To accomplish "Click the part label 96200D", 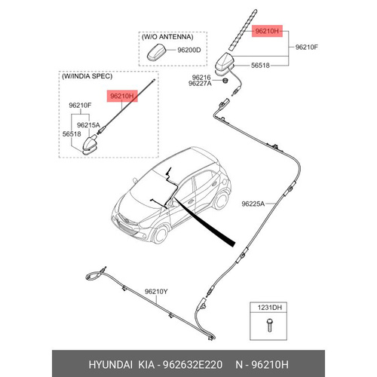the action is coord(189,50).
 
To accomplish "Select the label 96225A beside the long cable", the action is coord(253,204).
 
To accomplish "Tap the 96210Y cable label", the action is coord(156,292).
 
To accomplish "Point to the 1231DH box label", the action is coord(269,307).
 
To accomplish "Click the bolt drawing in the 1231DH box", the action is coord(269,325).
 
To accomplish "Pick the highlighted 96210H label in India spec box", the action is coord(122,96).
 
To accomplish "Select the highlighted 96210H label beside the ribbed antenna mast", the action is coord(267,31).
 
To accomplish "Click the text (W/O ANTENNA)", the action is coord(167,37).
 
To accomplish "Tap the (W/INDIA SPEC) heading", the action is coord(87,76).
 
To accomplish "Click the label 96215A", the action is coord(88,125).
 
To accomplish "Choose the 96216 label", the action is coord(201,78).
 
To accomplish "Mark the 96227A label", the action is coord(200,84).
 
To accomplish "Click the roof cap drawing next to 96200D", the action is coord(157,52).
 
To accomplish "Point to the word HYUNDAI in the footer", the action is coord(110,365).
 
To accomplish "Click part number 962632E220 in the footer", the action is coord(192,365).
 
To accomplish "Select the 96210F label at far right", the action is coord(307,47).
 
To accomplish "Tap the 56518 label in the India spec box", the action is coord(72,134).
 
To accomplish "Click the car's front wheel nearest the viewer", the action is coord(161,234).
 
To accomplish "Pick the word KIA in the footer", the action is coord(146,365).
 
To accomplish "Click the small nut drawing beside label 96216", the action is coord(225,81).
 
